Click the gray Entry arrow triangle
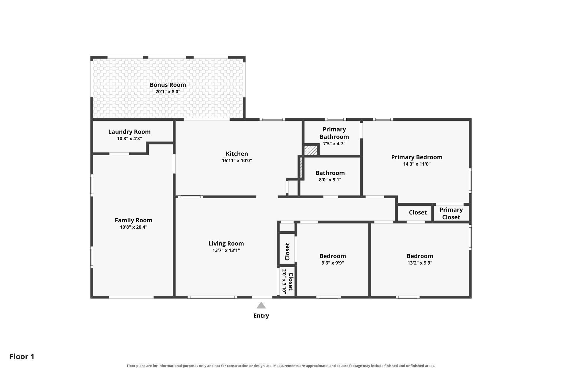click(x=261, y=306)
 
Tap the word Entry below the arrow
click(x=261, y=316)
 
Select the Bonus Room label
click(x=168, y=85)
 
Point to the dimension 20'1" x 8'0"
click(x=168, y=92)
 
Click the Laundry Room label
click(x=129, y=132)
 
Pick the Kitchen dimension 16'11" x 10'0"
click(x=237, y=161)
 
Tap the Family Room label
click(x=133, y=220)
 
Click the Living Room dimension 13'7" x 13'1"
click(x=226, y=250)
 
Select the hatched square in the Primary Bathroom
click(x=311, y=150)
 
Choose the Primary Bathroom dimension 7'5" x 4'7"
click(x=334, y=144)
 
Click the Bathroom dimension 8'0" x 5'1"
click(x=330, y=180)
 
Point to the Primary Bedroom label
click(x=417, y=157)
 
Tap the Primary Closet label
click(x=451, y=213)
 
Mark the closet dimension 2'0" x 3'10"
click(x=284, y=282)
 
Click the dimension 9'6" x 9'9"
click(x=333, y=263)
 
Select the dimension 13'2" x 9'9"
click(x=420, y=263)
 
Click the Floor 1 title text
click(x=22, y=357)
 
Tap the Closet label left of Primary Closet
click(x=418, y=212)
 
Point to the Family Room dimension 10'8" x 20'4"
click(x=133, y=227)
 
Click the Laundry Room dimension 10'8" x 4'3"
click(x=129, y=139)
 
